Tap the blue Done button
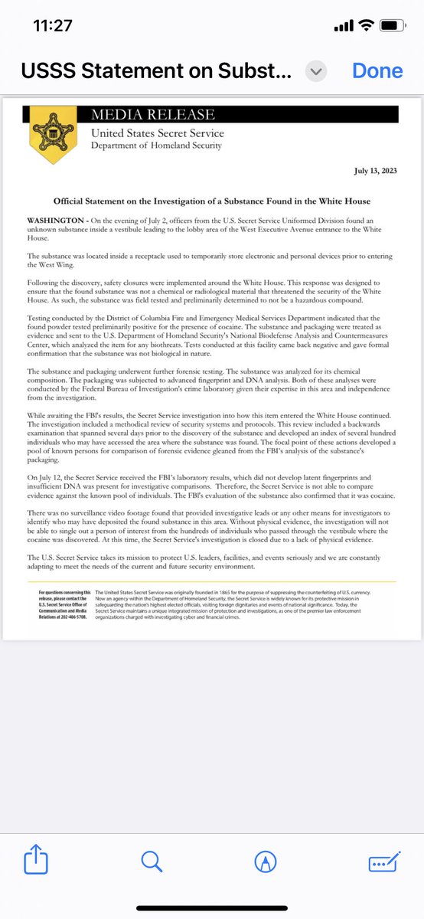[377, 70]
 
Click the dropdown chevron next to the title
[316, 71]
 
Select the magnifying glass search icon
[152, 861]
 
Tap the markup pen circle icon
[266, 861]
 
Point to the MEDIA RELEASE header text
[152, 115]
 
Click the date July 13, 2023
[375, 170]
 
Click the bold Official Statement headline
[212, 201]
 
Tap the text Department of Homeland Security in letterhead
[157, 146]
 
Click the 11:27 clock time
[54, 26]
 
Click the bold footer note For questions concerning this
[64, 592]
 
